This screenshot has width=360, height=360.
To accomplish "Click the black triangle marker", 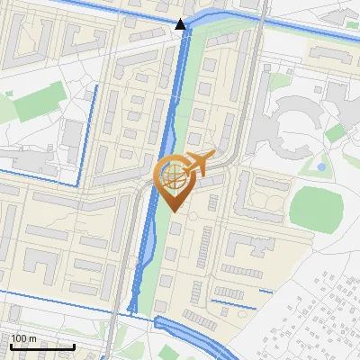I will (x=181, y=24).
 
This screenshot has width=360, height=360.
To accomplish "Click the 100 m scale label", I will (x=23, y=338).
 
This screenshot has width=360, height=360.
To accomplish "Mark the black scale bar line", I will (x=41, y=346).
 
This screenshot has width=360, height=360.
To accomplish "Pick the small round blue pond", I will (x=321, y=166).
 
